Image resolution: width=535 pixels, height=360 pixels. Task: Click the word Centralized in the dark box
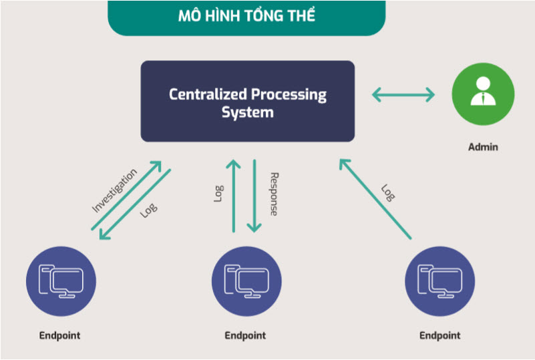[208, 94]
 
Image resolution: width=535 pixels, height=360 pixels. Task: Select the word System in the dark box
[248, 113]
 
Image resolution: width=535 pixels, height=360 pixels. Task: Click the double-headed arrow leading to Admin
[403, 95]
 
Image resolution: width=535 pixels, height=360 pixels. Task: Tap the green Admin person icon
[483, 94]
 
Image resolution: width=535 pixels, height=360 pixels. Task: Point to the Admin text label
[483, 147]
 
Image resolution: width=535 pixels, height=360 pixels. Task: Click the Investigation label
[115, 190]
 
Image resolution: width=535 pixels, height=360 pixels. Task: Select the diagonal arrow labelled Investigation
[126, 196]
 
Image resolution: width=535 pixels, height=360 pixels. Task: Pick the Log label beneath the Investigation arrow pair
[149, 210]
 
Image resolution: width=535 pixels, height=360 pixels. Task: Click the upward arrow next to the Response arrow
[234, 196]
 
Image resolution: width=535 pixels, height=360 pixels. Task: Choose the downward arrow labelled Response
[254, 196]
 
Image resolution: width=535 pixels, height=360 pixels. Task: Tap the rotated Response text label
[274, 194]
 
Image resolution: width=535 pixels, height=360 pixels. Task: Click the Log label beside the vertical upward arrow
[218, 194]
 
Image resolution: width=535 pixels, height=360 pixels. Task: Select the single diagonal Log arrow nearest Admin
[375, 199]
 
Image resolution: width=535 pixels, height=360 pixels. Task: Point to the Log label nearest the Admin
[388, 193]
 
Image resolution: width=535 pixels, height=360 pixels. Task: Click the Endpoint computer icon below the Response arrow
[246, 281]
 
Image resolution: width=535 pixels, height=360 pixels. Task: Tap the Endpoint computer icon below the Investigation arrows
[61, 281]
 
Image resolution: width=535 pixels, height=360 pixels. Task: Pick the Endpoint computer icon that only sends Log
[439, 281]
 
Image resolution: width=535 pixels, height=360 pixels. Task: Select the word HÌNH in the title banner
[224, 16]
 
